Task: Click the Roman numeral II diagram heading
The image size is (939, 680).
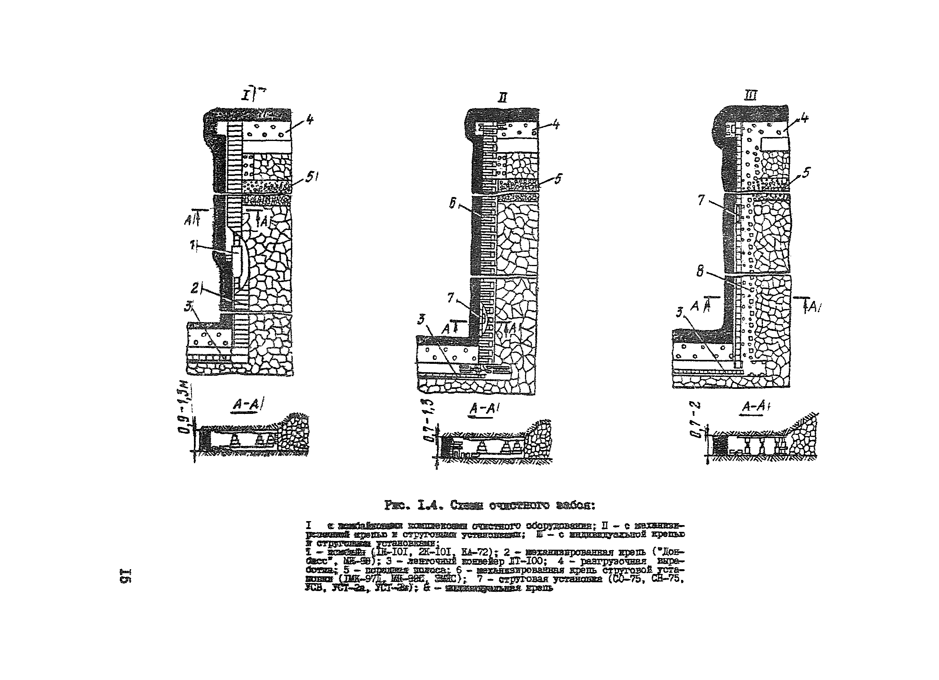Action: click(503, 98)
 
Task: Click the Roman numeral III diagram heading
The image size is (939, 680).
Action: click(750, 96)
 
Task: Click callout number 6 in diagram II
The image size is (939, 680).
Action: click(453, 203)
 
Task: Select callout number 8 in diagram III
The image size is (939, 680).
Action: click(700, 272)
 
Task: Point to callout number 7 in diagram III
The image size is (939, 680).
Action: click(701, 200)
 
